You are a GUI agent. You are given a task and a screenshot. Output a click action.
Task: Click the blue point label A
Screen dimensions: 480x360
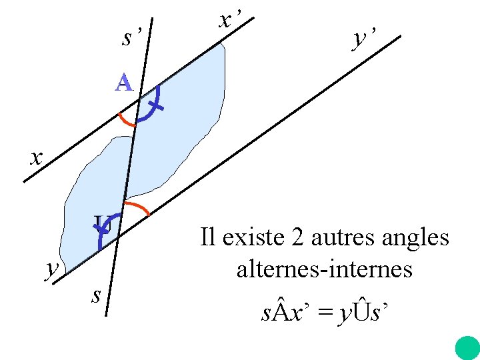124,83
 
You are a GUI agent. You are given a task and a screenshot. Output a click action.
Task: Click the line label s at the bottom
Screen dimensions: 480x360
97,294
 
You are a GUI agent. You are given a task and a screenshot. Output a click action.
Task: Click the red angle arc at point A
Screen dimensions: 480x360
125,121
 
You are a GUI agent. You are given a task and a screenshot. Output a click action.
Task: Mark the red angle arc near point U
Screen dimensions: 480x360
137,205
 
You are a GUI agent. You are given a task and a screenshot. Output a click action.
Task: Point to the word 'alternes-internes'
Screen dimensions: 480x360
324,269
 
